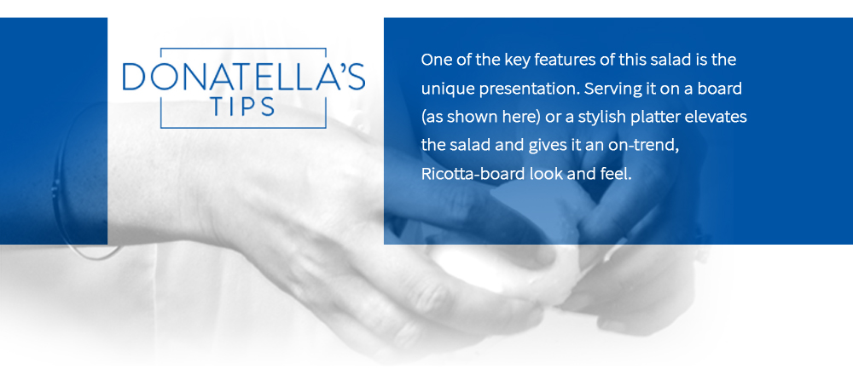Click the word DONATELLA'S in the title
pyautogui.click(x=243, y=77)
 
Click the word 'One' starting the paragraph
pyautogui.click(x=436, y=61)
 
